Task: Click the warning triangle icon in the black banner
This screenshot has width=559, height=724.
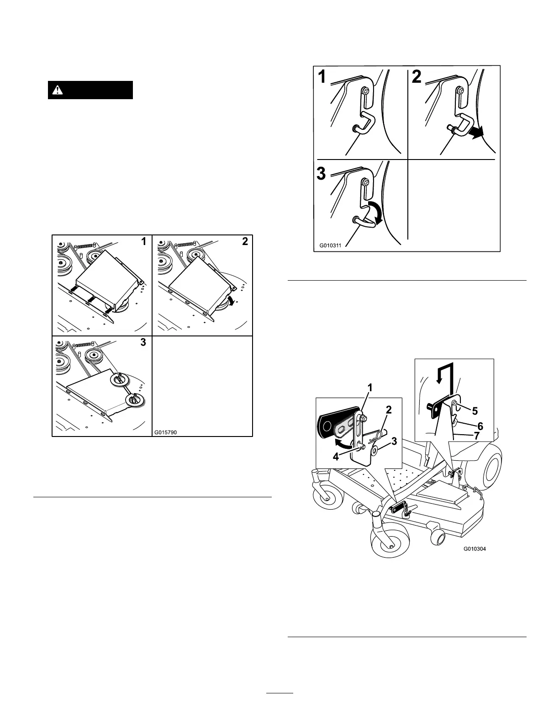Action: coord(58,90)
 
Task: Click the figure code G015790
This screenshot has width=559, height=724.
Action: coord(165,432)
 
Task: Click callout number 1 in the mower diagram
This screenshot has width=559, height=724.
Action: coord(370,388)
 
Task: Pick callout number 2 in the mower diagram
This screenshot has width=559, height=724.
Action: coord(389,410)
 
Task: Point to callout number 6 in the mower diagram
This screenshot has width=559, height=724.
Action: coord(480,426)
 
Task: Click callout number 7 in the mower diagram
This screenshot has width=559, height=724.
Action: coord(476,436)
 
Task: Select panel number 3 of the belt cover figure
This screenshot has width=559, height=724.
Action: coord(143,342)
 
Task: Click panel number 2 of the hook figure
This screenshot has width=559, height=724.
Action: coord(417,77)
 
